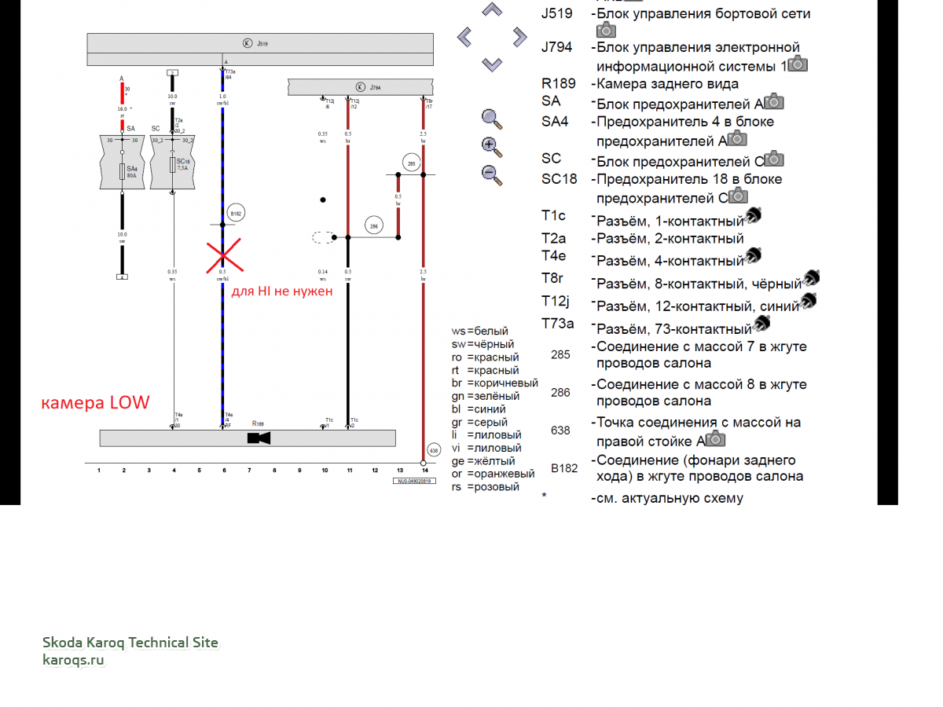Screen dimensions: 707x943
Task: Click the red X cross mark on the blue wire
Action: click(223, 255)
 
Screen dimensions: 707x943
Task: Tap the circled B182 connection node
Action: click(236, 213)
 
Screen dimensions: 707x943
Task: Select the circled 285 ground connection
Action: click(411, 163)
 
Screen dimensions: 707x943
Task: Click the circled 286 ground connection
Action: click(374, 226)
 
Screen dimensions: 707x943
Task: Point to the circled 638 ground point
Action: click(433, 450)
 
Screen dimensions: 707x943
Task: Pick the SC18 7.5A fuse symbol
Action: click(173, 164)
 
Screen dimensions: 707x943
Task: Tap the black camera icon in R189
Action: click(259, 438)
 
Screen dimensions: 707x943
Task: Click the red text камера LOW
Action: click(95, 403)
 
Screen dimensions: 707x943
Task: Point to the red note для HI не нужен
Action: click(282, 291)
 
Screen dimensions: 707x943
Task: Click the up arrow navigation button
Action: click(492, 10)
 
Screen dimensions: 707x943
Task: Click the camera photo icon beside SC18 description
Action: click(738, 196)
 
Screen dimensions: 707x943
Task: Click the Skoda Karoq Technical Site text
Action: click(130, 643)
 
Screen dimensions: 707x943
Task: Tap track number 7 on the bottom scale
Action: click(249, 471)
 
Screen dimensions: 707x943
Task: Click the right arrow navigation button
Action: click(519, 36)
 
